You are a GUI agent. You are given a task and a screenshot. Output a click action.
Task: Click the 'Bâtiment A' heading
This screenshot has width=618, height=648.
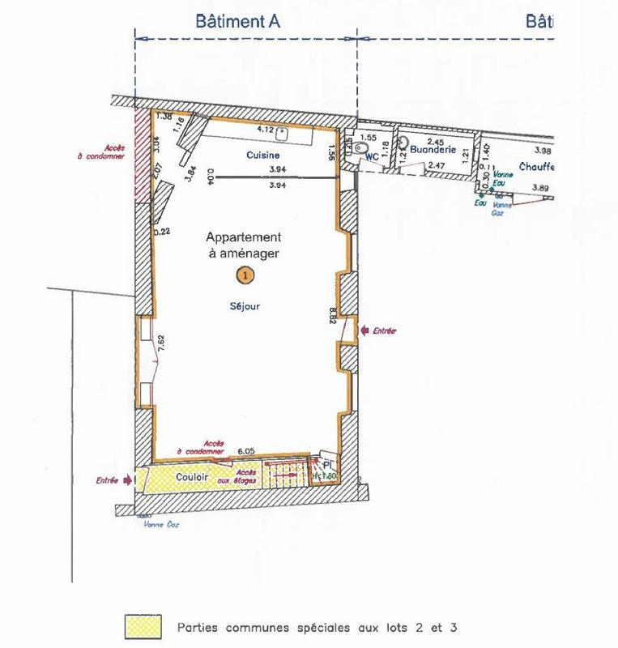coord(237,22)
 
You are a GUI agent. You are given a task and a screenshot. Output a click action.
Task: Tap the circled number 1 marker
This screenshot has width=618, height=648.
coord(244,275)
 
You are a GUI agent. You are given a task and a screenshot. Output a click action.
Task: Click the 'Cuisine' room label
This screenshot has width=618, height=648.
coord(263,155)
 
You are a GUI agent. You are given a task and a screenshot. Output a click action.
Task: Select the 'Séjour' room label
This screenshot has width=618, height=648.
coord(242,307)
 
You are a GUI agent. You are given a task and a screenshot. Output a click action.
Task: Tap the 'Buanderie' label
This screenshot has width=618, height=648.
coord(429,150)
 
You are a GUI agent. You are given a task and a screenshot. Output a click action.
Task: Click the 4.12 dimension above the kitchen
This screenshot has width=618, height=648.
coord(265,129)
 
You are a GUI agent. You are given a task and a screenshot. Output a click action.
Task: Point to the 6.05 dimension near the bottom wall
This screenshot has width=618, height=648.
coord(246,450)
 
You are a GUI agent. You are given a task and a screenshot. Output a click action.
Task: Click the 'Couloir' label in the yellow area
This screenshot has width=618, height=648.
coord(193,478)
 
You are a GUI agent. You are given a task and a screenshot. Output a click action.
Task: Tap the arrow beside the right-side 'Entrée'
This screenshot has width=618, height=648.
coord(363,330)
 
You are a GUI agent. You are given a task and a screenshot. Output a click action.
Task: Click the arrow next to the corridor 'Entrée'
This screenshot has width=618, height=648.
coord(127,480)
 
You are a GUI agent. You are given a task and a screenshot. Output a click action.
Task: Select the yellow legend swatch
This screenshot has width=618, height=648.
coord(143,627)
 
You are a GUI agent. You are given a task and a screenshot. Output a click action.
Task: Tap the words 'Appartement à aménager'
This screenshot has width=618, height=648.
coord(243,245)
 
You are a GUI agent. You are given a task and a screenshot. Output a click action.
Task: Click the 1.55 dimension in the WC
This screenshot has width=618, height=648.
coord(369,139)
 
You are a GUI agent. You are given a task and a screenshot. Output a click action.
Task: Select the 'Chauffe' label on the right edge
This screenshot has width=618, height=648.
coord(536,168)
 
